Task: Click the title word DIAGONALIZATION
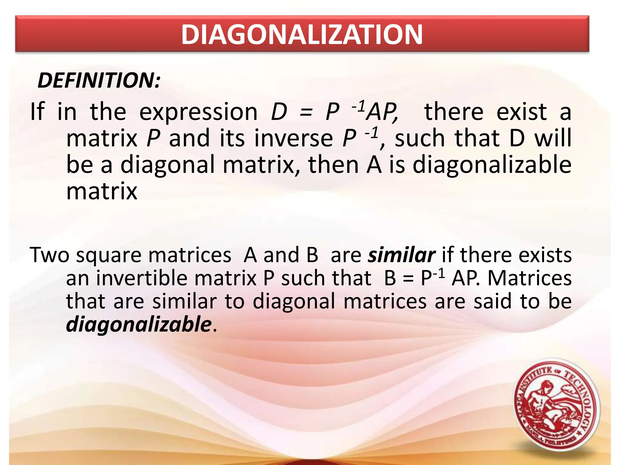(302, 35)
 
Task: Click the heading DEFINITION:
(99, 81)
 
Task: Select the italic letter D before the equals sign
(279, 112)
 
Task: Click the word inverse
(293, 138)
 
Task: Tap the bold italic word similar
(401, 255)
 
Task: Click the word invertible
(145, 278)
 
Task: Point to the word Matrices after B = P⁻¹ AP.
(529, 278)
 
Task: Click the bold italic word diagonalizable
(139, 324)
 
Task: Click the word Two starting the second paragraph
(50, 255)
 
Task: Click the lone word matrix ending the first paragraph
(102, 191)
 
